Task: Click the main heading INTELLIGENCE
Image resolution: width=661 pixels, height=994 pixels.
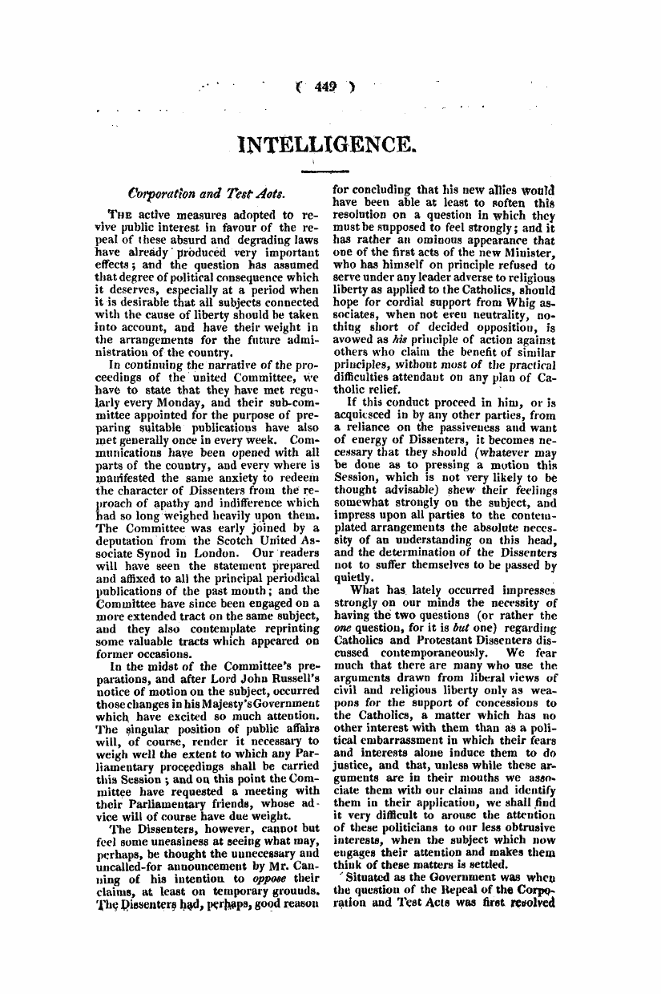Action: [x=329, y=146]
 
